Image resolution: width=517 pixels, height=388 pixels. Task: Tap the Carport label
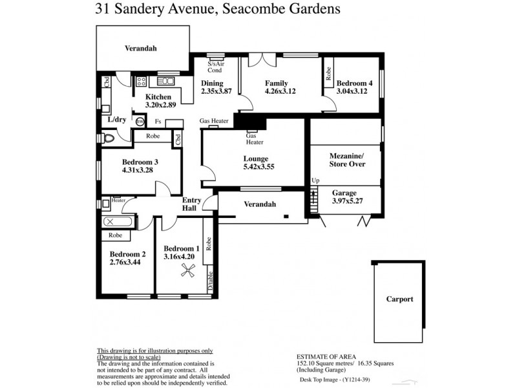pos(399,299)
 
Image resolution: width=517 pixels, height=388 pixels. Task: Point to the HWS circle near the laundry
pos(140,121)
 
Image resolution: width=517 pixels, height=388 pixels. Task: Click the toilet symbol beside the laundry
pos(108,137)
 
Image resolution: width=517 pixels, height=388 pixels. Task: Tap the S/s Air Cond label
pos(216,67)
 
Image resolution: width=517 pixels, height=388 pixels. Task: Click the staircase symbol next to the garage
pos(314,200)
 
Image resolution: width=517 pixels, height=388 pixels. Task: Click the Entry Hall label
pos(192,204)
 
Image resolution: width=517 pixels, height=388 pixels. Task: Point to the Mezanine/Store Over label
pos(347,160)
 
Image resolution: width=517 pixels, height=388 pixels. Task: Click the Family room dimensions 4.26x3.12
pos(280,92)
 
